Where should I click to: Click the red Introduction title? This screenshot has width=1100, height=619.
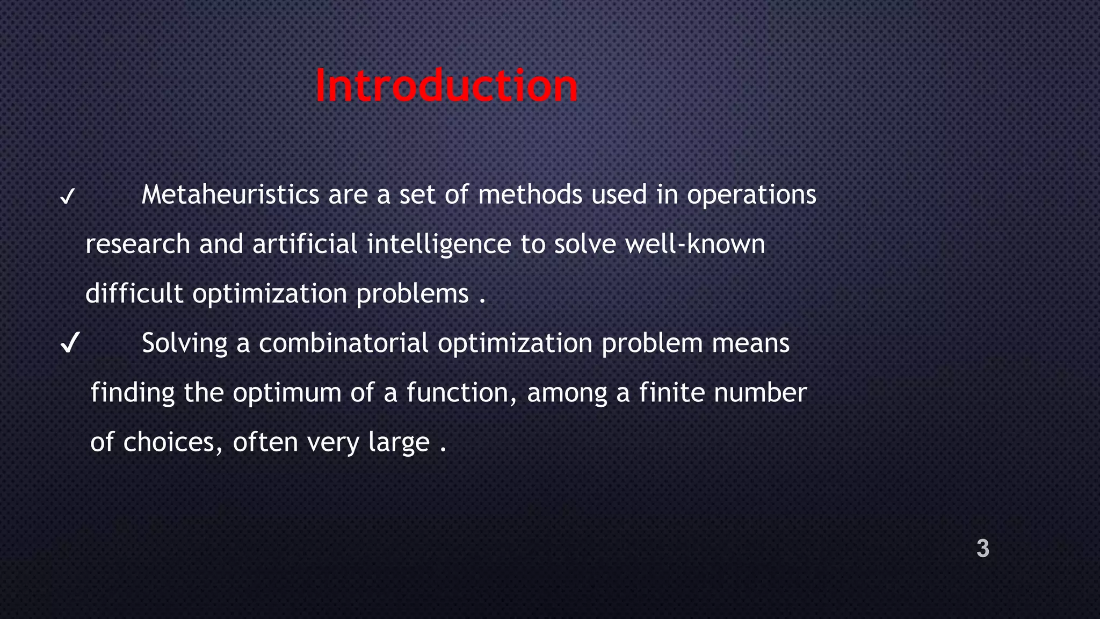pos(446,86)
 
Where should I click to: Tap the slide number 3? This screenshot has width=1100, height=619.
pos(982,549)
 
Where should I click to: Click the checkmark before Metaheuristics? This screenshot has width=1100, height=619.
pos(68,197)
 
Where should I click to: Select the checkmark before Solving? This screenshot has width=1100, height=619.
pos(70,343)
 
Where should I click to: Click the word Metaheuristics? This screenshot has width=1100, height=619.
pos(230,195)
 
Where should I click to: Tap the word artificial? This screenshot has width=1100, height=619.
pos(305,244)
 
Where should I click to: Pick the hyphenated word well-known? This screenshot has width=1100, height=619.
pos(695,244)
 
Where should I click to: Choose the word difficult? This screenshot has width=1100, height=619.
pos(134,293)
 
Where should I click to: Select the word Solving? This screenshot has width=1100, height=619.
pos(184,343)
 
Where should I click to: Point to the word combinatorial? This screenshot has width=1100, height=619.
pos(344,343)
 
